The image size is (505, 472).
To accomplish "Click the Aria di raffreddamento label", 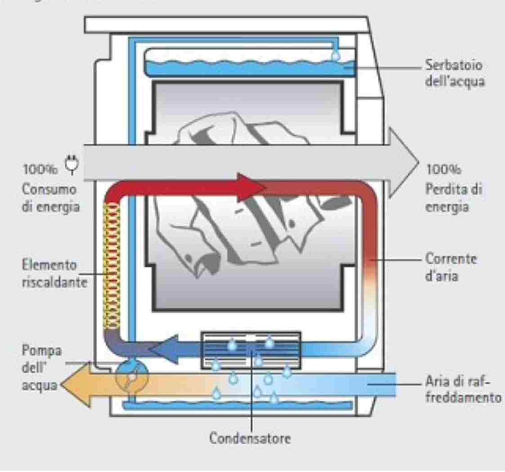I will click(x=463, y=390).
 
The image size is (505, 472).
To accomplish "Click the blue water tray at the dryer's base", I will click(x=238, y=405).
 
